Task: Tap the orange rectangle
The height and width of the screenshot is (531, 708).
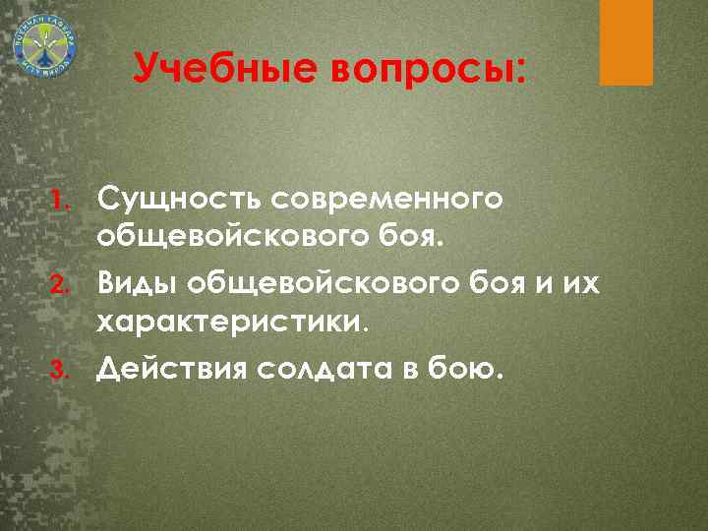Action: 626,41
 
